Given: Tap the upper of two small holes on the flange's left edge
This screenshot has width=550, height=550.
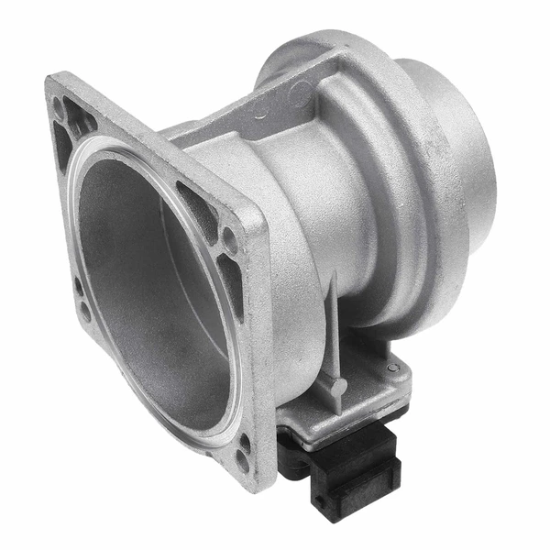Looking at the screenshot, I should pos(78,286).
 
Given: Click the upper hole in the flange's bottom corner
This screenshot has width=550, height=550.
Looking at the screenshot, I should pos(244,441).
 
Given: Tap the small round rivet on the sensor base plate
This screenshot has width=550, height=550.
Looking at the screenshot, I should pos(393,368).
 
